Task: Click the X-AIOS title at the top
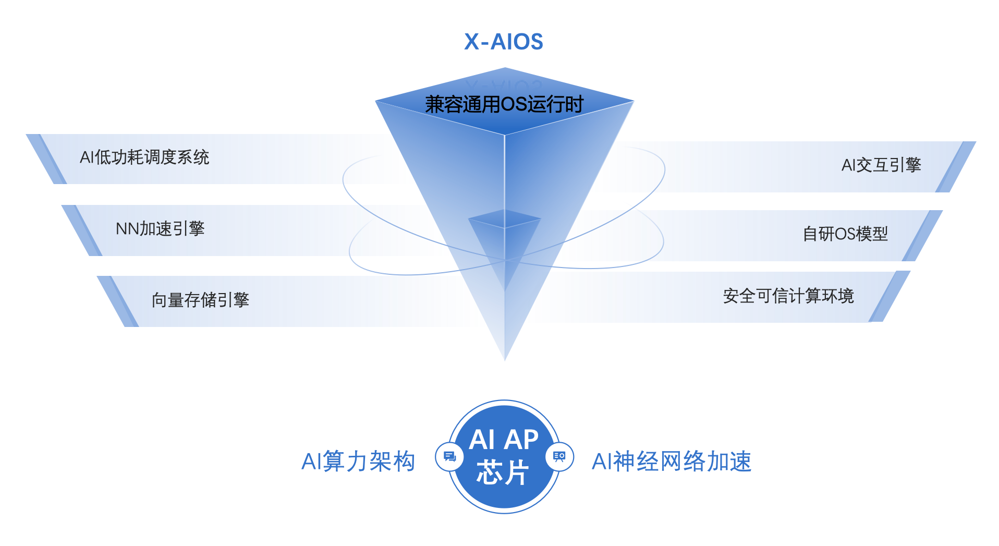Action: point(503,42)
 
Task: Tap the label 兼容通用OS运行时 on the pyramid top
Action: point(504,104)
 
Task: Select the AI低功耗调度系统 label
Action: point(144,157)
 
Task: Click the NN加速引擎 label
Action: point(160,228)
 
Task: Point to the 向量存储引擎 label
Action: point(200,300)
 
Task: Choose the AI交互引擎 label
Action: point(881,165)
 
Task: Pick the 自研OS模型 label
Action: point(845,234)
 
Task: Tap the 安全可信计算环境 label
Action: point(788,296)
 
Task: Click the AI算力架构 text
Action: point(358,462)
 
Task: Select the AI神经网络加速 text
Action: point(672,462)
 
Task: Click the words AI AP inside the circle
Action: point(504,439)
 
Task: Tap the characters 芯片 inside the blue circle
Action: point(503,472)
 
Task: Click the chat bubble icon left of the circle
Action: point(449,457)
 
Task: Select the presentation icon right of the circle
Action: point(559,457)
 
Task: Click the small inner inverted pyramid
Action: point(504,240)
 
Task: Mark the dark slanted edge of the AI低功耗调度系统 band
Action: point(47,159)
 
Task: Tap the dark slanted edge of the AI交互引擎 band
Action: point(956,167)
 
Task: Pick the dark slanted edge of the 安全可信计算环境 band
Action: point(890,296)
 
